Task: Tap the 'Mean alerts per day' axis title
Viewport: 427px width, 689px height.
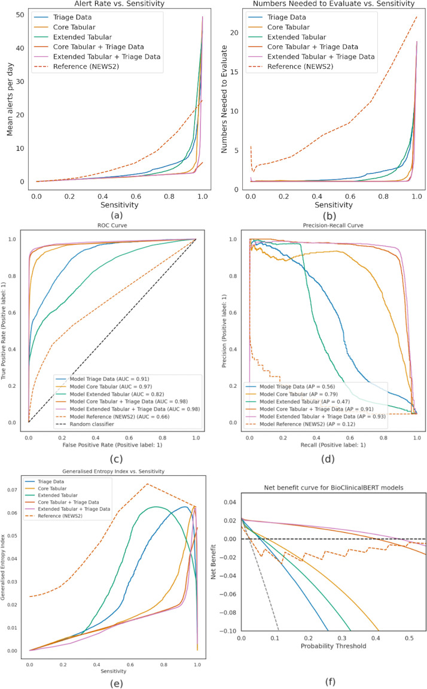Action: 10,96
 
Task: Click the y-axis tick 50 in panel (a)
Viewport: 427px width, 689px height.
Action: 21,14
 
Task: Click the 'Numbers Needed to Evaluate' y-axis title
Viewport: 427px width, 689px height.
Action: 227,96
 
